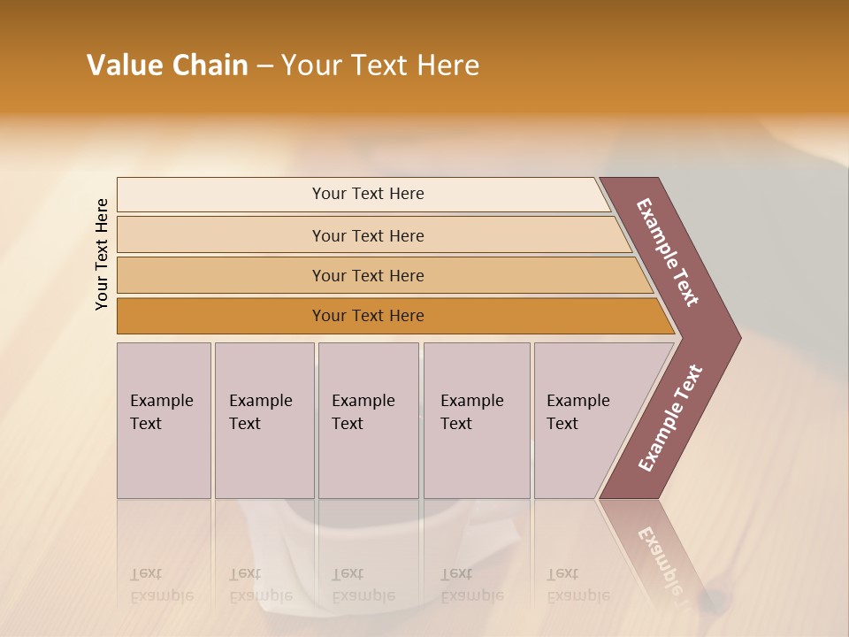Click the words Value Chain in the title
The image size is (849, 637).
click(x=167, y=65)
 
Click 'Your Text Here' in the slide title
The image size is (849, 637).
click(x=380, y=65)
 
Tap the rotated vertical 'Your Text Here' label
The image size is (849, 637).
click(x=102, y=254)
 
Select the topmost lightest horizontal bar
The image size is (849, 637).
click(x=368, y=194)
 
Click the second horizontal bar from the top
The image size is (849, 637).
click(x=368, y=235)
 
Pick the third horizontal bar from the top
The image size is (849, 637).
click(x=368, y=275)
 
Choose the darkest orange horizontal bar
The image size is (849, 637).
click(x=368, y=316)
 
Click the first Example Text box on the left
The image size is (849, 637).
click(x=164, y=420)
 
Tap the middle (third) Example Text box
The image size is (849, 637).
click(x=368, y=420)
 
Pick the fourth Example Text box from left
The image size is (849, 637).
click(x=477, y=420)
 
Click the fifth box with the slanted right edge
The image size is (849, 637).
click(x=584, y=420)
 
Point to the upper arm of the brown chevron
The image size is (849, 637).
click(x=668, y=252)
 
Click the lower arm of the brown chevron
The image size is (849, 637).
click(x=669, y=418)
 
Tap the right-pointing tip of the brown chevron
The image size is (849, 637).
click(x=730, y=337)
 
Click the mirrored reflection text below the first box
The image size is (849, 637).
click(x=161, y=585)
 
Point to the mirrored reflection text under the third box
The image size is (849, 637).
click(x=363, y=585)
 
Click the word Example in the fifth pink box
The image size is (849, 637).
click(x=577, y=401)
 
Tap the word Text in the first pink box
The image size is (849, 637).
click(x=146, y=424)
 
